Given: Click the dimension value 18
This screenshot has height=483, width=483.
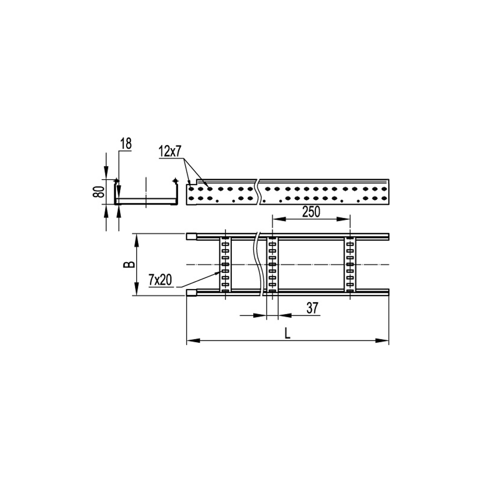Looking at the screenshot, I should click(125, 143).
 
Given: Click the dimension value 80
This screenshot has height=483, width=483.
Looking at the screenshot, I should click(99, 191).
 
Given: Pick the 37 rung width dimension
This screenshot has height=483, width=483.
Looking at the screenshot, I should click(312, 308).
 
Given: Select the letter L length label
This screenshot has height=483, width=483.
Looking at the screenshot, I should click(287, 333).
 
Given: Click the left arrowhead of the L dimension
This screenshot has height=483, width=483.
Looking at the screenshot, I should click(191, 340).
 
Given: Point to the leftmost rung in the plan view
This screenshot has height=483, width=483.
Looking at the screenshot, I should click(225, 264).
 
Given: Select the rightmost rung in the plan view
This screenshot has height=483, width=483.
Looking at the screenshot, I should click(350, 264).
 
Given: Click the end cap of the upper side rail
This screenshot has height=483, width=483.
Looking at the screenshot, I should click(191, 237).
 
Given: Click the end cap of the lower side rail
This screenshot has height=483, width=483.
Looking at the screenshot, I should click(191, 293).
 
